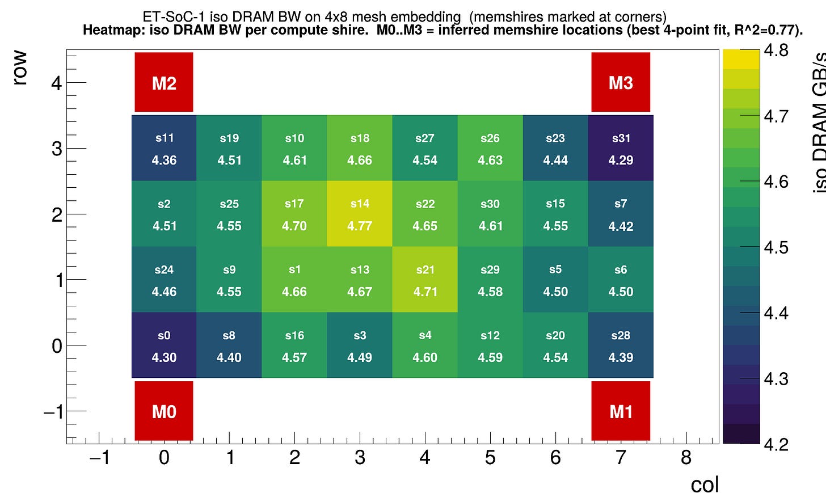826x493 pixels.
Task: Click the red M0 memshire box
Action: [164, 411]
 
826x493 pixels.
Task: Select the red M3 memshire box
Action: [621, 82]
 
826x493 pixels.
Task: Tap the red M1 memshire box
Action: [621, 411]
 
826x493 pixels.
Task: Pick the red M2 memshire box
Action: [164, 82]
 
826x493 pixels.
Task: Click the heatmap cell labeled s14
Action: [360, 214]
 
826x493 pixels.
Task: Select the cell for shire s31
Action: [621, 148]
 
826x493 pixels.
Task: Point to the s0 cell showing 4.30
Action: [164, 345]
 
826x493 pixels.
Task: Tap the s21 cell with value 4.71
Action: [425, 280]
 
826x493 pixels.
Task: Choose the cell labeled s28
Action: [621, 345]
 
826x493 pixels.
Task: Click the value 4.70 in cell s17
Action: [294, 226]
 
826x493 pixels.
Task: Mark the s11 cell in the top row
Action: [164, 148]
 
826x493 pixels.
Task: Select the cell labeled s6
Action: [621, 280]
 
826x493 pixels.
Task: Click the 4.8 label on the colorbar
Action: [776, 50]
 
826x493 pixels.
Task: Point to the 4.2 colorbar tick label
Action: [776, 444]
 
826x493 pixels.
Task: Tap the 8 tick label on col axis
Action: [686, 457]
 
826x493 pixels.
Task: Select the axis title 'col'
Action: [705, 484]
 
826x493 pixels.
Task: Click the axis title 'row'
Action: [20, 68]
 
